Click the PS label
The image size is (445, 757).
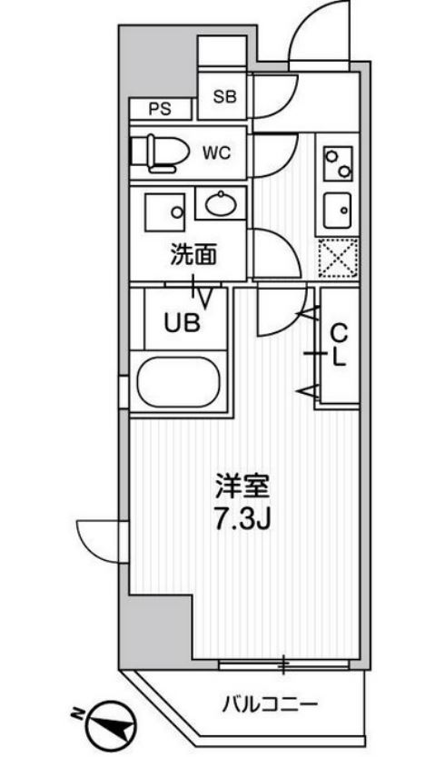[160, 109]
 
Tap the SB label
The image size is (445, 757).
[224, 96]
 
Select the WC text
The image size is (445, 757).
[216, 153]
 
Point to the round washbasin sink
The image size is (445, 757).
[221, 204]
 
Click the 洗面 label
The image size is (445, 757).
[193, 255]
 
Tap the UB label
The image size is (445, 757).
[182, 323]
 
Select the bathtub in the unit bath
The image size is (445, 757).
[178, 383]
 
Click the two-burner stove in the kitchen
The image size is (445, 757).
[338, 163]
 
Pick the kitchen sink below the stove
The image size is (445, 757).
[338, 210]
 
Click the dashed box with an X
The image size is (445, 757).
[338, 259]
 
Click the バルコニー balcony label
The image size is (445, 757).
[270, 705]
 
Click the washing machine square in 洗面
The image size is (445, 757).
[165, 212]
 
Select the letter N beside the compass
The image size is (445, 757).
[77, 713]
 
